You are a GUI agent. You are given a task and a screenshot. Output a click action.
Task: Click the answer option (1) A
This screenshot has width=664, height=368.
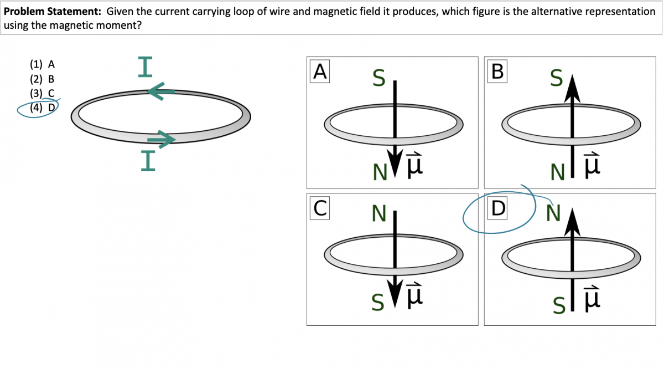(x=41, y=64)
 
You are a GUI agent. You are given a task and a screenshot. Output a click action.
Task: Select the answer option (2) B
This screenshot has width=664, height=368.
(x=41, y=79)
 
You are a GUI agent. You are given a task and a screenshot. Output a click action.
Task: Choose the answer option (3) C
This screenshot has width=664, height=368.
(x=41, y=93)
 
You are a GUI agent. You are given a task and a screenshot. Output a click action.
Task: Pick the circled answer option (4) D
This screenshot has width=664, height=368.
(x=41, y=108)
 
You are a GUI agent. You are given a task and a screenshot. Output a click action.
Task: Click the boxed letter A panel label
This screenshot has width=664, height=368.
(x=320, y=71)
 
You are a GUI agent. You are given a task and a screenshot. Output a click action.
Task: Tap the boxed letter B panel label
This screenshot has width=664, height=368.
(x=497, y=71)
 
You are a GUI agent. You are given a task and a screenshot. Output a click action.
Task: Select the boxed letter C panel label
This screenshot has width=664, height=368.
(x=320, y=208)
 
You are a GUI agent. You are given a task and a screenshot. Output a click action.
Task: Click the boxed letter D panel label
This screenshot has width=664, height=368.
(x=498, y=208)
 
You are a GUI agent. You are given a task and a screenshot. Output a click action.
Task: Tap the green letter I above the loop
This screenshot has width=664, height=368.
(x=145, y=65)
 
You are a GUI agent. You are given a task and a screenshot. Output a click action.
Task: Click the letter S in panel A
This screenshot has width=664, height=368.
(x=378, y=79)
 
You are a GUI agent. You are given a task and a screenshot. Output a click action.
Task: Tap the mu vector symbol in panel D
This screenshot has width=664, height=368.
(x=592, y=299)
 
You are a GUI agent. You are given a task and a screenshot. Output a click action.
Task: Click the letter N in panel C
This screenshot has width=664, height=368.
(x=379, y=213)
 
